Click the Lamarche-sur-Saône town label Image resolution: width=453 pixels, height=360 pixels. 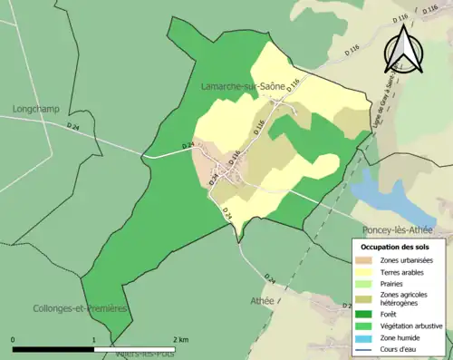pyautogui.click(x=243, y=85)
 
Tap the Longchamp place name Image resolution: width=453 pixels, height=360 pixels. pyautogui.click(x=35, y=110)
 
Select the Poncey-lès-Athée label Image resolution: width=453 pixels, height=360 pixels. pyautogui.click(x=400, y=230)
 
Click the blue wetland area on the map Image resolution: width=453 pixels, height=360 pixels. pyautogui.click(x=390, y=199)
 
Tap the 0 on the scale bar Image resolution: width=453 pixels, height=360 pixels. pyautogui.click(x=14, y=340)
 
